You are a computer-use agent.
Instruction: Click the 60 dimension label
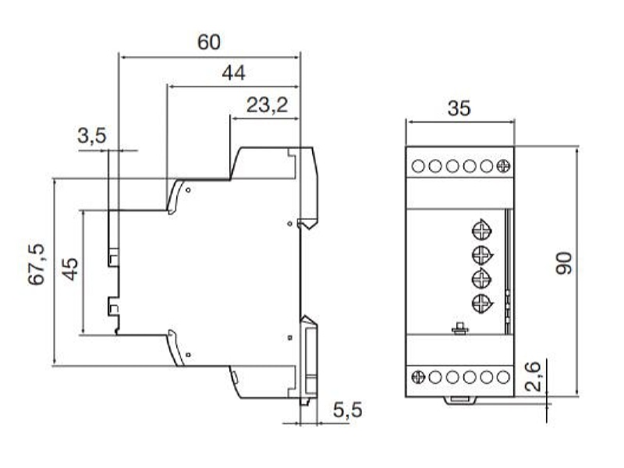(x=208, y=42)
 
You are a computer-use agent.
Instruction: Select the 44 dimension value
(x=233, y=73)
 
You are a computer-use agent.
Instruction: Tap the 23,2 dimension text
(x=267, y=105)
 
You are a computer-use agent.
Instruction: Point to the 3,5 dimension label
(x=92, y=136)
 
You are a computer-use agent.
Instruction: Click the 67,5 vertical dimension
(x=37, y=264)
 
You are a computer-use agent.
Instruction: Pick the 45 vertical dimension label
(x=70, y=269)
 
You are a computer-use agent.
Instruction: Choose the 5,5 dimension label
(x=348, y=410)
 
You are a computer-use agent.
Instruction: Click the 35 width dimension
(x=459, y=108)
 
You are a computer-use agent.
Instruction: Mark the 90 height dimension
(x=564, y=263)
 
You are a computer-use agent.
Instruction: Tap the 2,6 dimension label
(x=533, y=377)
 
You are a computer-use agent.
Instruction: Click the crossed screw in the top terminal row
(x=503, y=166)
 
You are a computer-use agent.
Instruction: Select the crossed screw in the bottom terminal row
(x=418, y=377)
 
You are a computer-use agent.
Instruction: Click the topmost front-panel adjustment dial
(x=481, y=230)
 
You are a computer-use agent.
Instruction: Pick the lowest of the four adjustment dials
(x=481, y=304)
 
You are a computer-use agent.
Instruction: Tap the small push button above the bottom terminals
(x=460, y=328)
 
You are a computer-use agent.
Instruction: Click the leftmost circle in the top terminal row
(x=418, y=166)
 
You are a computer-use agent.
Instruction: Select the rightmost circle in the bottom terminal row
(x=503, y=377)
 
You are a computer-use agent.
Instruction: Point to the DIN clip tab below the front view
(x=460, y=401)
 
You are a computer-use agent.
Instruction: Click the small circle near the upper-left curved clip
(x=188, y=190)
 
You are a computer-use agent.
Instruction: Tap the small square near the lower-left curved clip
(x=188, y=355)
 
